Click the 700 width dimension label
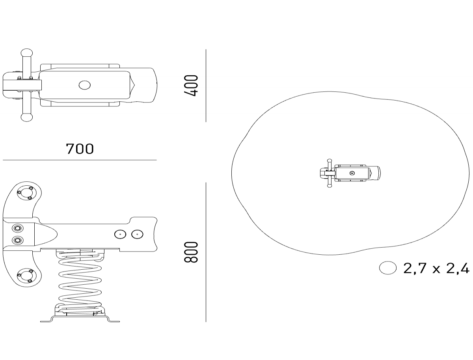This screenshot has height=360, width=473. pyautogui.click(x=80, y=149)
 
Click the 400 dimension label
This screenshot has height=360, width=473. pyautogui.click(x=190, y=86)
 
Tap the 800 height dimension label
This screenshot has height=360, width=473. pyautogui.click(x=190, y=252)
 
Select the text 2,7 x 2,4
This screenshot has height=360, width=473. pyautogui.click(x=436, y=269)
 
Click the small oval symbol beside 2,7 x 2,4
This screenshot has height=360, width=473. pyautogui.click(x=388, y=268)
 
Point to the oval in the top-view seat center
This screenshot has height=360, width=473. pyautogui.click(x=85, y=85)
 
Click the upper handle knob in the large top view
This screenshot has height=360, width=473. pyautogui.click(x=27, y=53)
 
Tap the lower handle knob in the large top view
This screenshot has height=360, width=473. pyautogui.click(x=27, y=118)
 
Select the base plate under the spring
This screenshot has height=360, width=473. pyautogui.click(x=80, y=319)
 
